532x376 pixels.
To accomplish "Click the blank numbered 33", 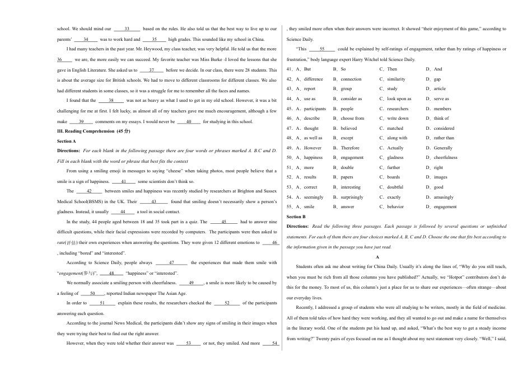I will pyautogui.click(x=127, y=29).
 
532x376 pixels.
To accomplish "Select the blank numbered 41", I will pyautogui.click(x=124, y=181).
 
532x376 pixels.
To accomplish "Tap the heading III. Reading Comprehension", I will pyautogui.click(x=94, y=131).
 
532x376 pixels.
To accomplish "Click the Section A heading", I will pyautogui.click(x=66, y=141).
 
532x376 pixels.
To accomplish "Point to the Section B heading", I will pyautogui.click(x=296, y=217).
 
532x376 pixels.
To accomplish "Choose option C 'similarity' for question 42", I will pyautogui.click(x=396, y=79).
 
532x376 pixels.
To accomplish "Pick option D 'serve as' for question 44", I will pyautogui.click(x=441, y=98).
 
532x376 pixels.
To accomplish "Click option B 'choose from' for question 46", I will pyautogui.click(x=352, y=118).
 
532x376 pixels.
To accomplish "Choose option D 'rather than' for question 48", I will pyautogui.click(x=444, y=138).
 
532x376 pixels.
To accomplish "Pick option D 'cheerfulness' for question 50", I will pyautogui.click(x=445, y=157).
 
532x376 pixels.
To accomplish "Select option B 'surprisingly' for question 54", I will pyautogui.click(x=352, y=197).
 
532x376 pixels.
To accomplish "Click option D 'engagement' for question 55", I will pyautogui.click(x=445, y=206).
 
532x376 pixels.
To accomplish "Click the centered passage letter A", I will pyautogui.click(x=377, y=256).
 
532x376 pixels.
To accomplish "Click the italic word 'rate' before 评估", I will pyautogui.click(x=62, y=242).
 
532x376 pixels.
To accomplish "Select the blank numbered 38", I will pyautogui.click(x=111, y=100).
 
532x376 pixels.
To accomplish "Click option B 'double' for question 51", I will pyautogui.click(x=347, y=167).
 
